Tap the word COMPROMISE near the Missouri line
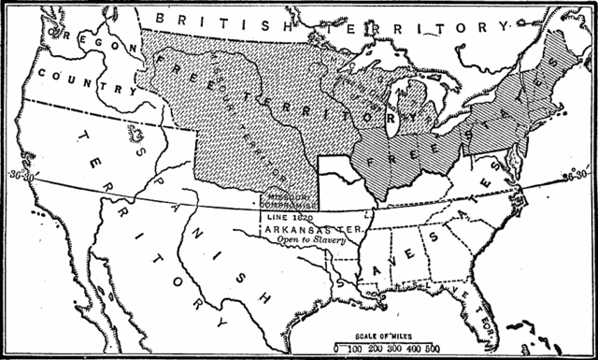point(287,209)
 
